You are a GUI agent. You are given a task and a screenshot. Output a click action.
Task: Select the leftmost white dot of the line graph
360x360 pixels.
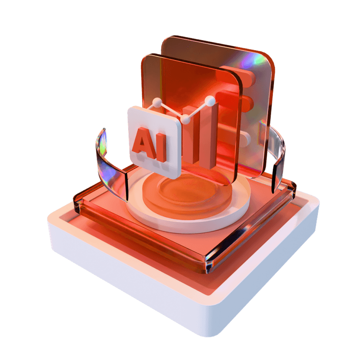[x=157, y=103]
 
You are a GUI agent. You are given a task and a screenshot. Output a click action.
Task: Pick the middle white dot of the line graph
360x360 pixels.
[x=186, y=119]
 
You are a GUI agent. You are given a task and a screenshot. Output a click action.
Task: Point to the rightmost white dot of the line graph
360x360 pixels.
[x=210, y=101]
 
